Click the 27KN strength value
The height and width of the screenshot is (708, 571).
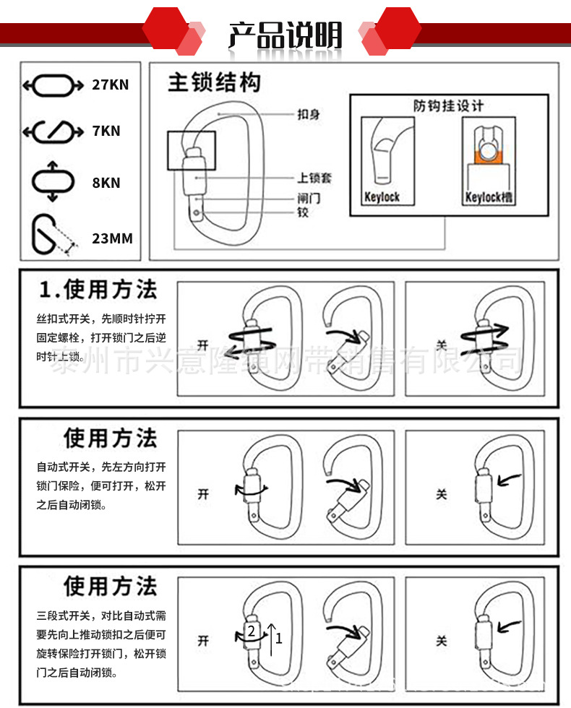(x=110, y=84)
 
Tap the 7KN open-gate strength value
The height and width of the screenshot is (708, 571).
(x=106, y=131)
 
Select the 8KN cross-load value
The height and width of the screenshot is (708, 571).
(x=106, y=183)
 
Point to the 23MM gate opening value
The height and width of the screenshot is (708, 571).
(x=112, y=238)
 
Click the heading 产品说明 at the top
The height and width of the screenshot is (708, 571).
(x=285, y=35)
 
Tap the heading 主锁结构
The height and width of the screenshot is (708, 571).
(x=214, y=82)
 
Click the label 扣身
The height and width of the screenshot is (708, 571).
(x=309, y=114)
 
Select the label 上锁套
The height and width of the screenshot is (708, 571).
(x=314, y=178)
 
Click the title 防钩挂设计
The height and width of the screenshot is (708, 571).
(x=448, y=105)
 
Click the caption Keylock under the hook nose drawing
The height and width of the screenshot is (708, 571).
(x=382, y=197)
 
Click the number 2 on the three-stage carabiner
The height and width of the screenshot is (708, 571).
(x=251, y=631)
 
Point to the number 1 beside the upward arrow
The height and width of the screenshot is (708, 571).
(x=279, y=638)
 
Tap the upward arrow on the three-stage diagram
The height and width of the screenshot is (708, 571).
(x=271, y=636)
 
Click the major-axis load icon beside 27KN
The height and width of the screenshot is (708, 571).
(x=49, y=85)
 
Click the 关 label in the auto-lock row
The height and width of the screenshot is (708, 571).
(x=442, y=494)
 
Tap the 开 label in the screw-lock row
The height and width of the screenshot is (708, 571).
(x=203, y=345)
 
